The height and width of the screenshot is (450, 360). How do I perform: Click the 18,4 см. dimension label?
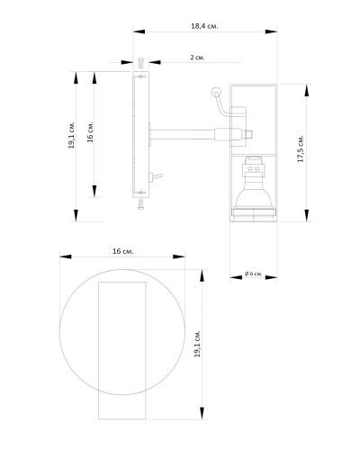click(x=204, y=26)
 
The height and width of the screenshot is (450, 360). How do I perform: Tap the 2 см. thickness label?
click(x=197, y=58)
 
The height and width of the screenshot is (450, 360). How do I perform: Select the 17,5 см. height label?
click(x=301, y=148)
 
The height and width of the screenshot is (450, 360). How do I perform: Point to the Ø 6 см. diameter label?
click(x=254, y=274)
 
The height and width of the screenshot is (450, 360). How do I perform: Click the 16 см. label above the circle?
click(x=123, y=251)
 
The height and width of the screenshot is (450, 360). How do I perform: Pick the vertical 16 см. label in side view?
click(x=90, y=132)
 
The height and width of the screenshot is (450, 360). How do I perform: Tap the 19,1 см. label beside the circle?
click(x=197, y=344)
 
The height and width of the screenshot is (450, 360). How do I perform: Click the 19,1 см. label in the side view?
click(x=71, y=135)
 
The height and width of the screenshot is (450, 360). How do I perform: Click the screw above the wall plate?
click(x=140, y=63)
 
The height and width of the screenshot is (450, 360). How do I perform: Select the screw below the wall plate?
click(x=140, y=204)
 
